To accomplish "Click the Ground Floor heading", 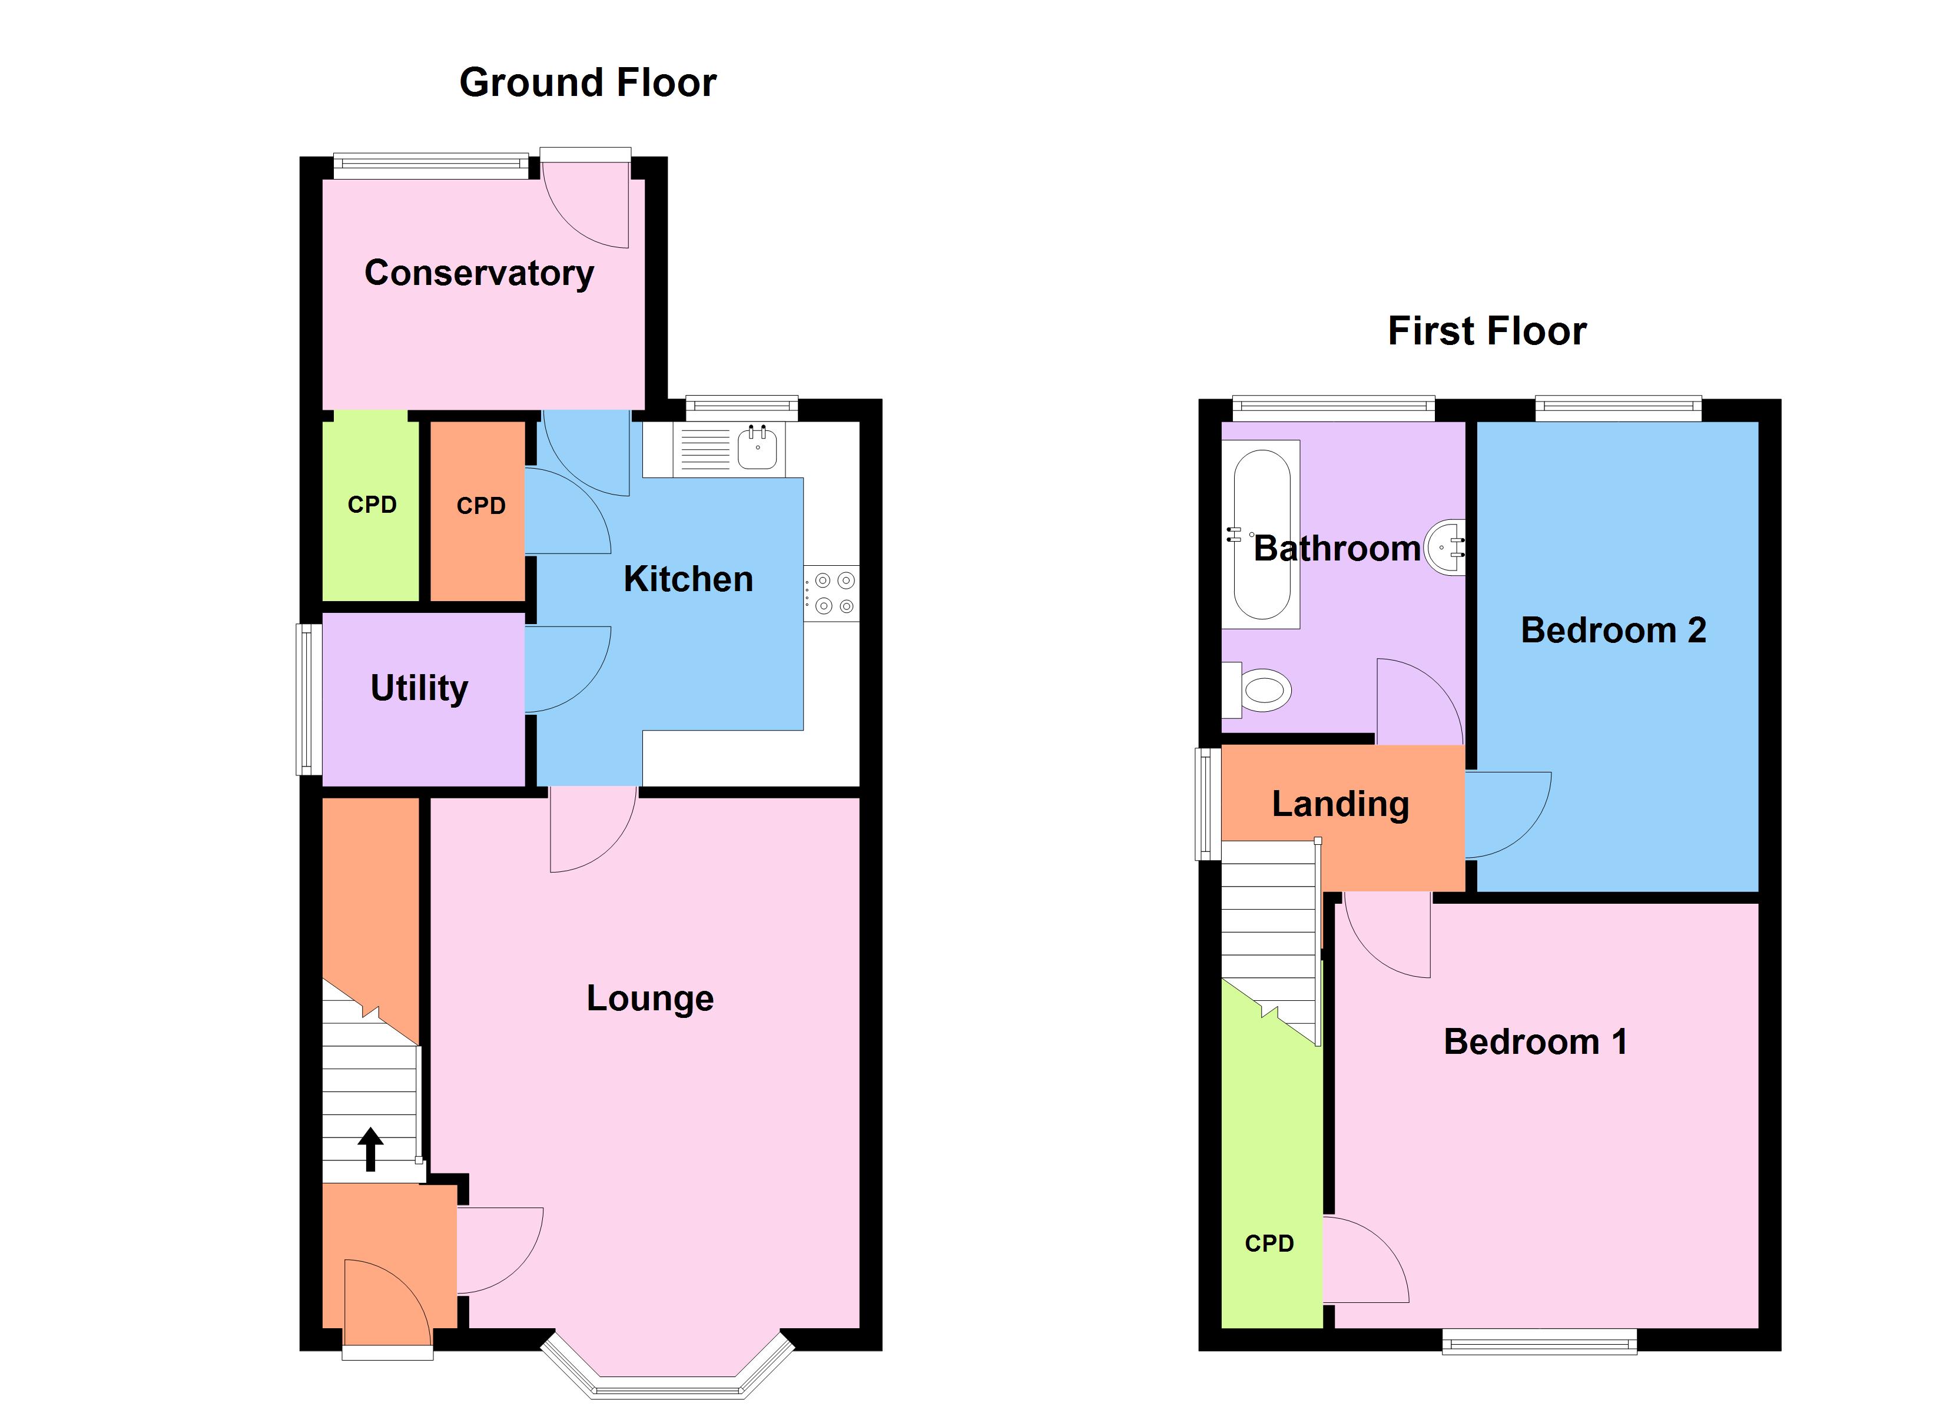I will click(x=588, y=83).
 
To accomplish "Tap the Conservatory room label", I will click(x=479, y=273).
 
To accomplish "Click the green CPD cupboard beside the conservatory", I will click(x=371, y=506).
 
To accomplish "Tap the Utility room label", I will click(x=419, y=688).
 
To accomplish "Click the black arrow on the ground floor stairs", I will click(x=370, y=1149).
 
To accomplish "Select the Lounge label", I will click(x=649, y=999).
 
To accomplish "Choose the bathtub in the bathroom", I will click(x=1261, y=534).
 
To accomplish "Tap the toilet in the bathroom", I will click(x=1263, y=690).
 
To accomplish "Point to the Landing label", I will click(x=1340, y=804).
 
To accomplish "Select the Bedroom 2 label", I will click(x=1613, y=631).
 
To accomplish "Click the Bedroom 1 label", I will click(x=1535, y=1042).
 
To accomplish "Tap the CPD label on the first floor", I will click(x=1269, y=1243).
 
